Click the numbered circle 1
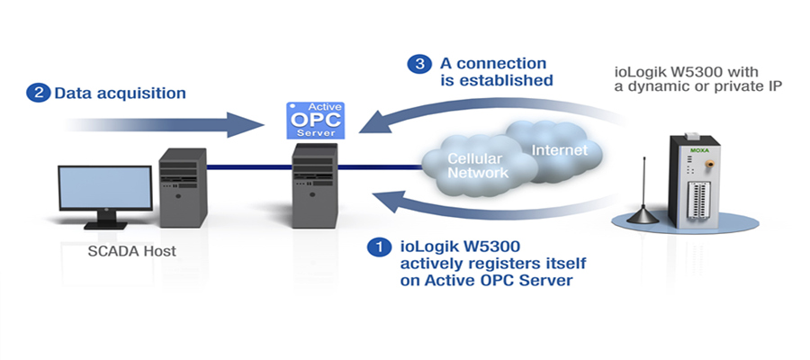pos(380,247)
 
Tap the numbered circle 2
pos(38,94)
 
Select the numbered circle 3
pos(418,64)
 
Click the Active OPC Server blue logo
pos(316,121)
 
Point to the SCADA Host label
pos(131,251)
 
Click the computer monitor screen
pos(105,188)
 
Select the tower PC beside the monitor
pos(183,188)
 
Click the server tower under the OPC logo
pos(315,186)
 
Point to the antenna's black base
pos(643,216)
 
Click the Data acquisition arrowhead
pos(246,124)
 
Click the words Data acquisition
pos(120,94)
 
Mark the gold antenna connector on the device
pos(710,164)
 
